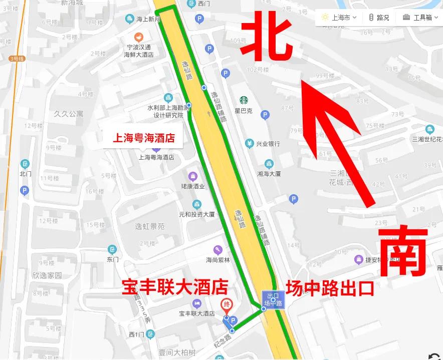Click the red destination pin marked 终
[x=226, y=305]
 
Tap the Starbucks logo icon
[x=244, y=101]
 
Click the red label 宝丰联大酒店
[x=175, y=287]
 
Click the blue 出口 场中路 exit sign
[x=273, y=300]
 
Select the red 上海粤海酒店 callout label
[x=143, y=138]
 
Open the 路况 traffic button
[x=379, y=18]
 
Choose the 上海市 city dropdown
[x=339, y=18]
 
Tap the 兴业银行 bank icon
[x=249, y=144]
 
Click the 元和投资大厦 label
[x=197, y=214]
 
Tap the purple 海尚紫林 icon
[x=217, y=249]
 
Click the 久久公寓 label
[x=69, y=114]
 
